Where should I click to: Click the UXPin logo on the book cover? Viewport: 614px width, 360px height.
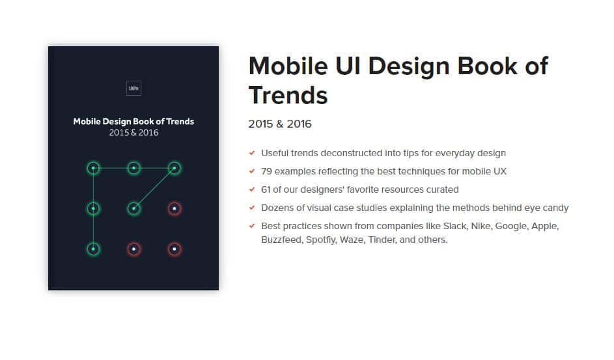133,88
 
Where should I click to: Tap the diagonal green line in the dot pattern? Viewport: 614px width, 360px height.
154,188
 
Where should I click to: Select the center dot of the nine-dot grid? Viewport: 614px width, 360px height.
133,208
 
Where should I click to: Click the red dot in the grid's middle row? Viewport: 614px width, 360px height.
174,208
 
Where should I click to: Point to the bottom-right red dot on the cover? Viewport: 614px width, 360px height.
174,249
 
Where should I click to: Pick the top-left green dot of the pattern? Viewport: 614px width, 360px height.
93,168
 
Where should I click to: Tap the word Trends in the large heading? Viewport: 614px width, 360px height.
288,96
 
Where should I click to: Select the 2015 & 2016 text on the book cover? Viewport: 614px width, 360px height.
133,133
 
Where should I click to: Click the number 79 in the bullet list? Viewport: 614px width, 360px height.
266,171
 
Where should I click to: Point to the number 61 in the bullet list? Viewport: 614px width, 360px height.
266,190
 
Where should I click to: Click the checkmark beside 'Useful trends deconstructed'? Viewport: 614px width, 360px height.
252,153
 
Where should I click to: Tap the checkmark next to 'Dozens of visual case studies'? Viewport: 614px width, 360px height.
252,208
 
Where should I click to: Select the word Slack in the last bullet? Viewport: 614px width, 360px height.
455,226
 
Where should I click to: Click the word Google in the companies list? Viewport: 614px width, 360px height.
512,226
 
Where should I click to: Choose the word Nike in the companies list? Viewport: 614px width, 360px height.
482,226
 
